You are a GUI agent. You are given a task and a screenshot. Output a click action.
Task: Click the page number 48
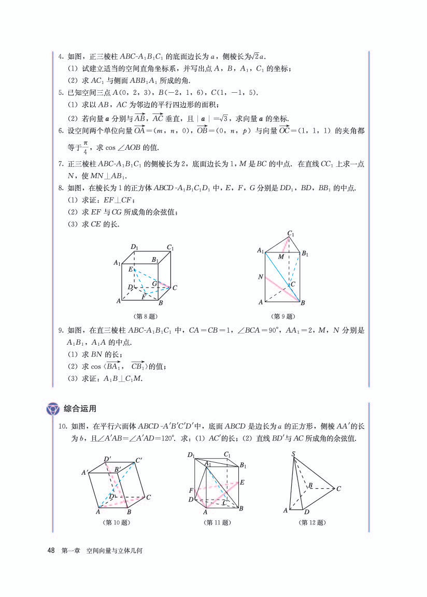[x=51, y=551]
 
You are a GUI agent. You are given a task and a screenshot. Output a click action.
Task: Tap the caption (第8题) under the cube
[x=145, y=316]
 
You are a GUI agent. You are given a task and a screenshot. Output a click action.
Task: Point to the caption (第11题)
[x=217, y=523]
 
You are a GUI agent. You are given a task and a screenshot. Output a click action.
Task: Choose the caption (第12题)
[x=313, y=523]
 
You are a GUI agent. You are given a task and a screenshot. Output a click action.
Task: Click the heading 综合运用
[x=80, y=409]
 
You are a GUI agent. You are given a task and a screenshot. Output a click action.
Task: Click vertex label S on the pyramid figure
[x=293, y=454]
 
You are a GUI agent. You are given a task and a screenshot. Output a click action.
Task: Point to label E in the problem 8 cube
[x=131, y=269]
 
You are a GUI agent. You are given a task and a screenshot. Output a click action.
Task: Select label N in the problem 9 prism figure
[x=261, y=277]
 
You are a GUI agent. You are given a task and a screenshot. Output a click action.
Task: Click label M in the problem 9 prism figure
[x=281, y=257]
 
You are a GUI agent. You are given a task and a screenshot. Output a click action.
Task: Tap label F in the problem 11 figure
[x=191, y=490]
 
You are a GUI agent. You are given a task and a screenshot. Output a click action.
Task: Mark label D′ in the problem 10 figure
[x=108, y=459]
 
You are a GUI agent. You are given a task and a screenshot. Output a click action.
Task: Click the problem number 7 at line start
[x=61, y=164]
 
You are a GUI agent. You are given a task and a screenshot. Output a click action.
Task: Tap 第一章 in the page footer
[x=70, y=551]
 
